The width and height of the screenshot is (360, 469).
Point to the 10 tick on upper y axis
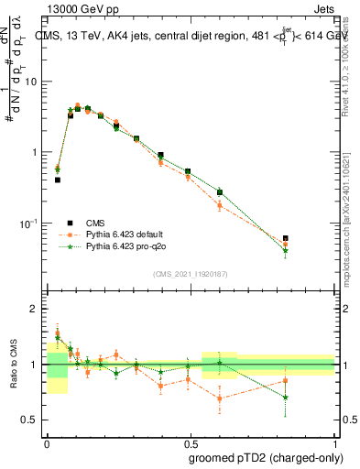(x=33, y=82)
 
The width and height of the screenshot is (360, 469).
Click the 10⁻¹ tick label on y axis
(x=29, y=224)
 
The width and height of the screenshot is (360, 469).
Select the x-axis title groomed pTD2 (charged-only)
(x=261, y=457)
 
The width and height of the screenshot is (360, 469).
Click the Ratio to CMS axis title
(x=12, y=365)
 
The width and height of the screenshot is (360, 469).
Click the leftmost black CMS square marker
(x=58, y=180)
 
